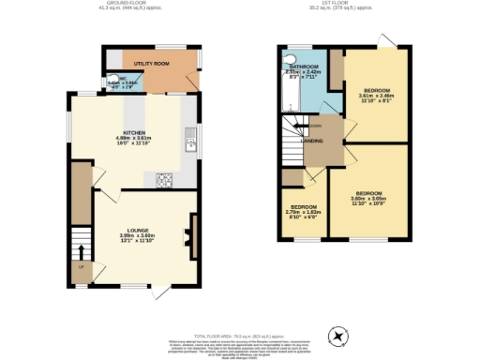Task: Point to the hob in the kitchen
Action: click(164, 179)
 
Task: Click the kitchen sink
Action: click(190, 144)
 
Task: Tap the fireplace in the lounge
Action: click(192, 229)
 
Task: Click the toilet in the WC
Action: click(103, 82)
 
